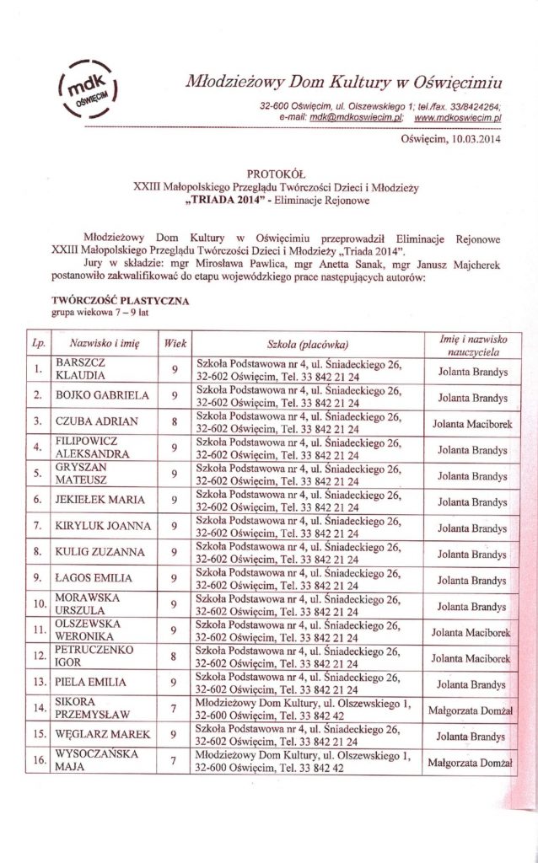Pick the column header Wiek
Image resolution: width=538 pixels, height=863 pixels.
pos(175,344)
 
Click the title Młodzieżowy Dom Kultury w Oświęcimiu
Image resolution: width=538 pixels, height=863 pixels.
pos(343,82)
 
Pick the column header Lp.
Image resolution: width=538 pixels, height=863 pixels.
pos(38,344)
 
